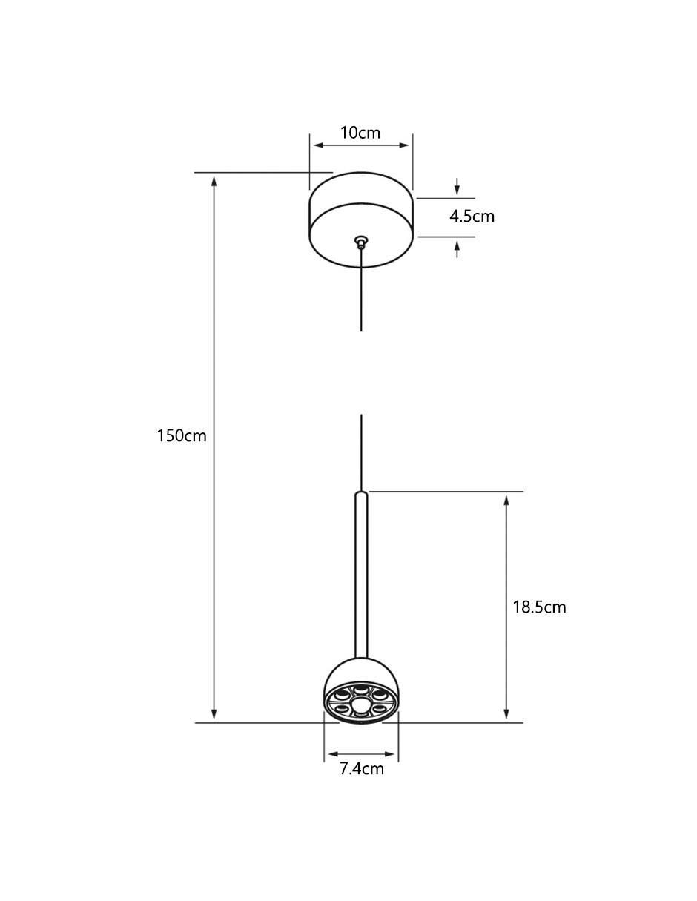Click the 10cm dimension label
[x=360, y=133]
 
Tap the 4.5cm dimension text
[x=472, y=217]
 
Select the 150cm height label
[x=181, y=436]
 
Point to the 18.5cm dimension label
[x=539, y=607]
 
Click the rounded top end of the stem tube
[x=361, y=492]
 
